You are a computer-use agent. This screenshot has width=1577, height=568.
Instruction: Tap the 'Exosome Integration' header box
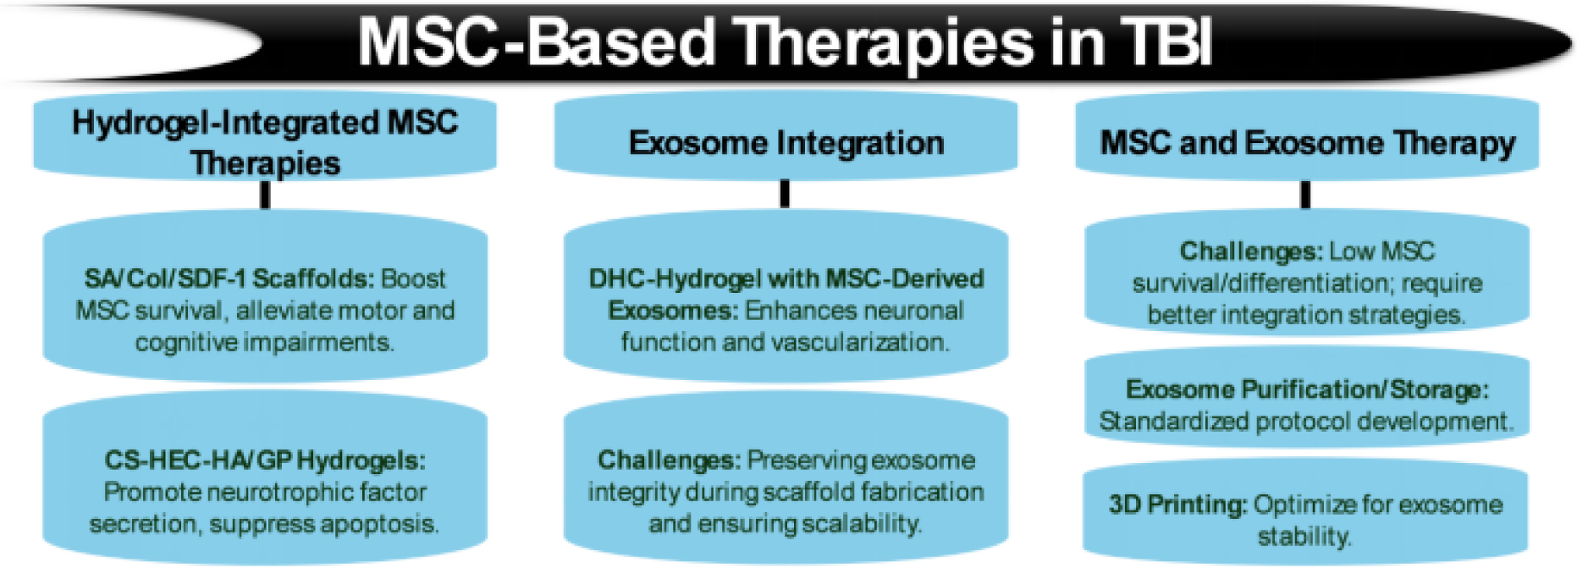click(x=786, y=142)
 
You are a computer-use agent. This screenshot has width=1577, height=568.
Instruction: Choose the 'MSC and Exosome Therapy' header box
click(x=1306, y=142)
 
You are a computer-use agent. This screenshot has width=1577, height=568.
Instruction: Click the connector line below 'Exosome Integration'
click(x=785, y=194)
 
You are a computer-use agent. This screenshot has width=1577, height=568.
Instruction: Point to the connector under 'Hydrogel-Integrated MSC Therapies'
click(x=265, y=196)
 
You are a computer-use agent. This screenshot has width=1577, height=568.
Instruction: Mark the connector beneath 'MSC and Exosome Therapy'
click(x=1305, y=195)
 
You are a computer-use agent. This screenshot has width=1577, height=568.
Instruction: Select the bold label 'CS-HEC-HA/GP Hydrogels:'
click(x=265, y=460)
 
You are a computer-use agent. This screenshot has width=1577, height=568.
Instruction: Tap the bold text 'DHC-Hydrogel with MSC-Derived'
click(x=786, y=278)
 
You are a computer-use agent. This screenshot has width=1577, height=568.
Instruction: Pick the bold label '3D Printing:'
click(x=1177, y=505)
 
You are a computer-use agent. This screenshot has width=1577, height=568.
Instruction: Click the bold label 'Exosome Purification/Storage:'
click(x=1306, y=389)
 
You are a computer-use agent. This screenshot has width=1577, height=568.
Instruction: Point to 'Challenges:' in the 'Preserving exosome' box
click(x=669, y=460)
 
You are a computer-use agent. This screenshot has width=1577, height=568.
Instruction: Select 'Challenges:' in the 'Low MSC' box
click(x=1250, y=251)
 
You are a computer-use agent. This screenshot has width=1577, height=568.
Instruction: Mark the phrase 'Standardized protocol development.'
click(x=1306, y=422)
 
